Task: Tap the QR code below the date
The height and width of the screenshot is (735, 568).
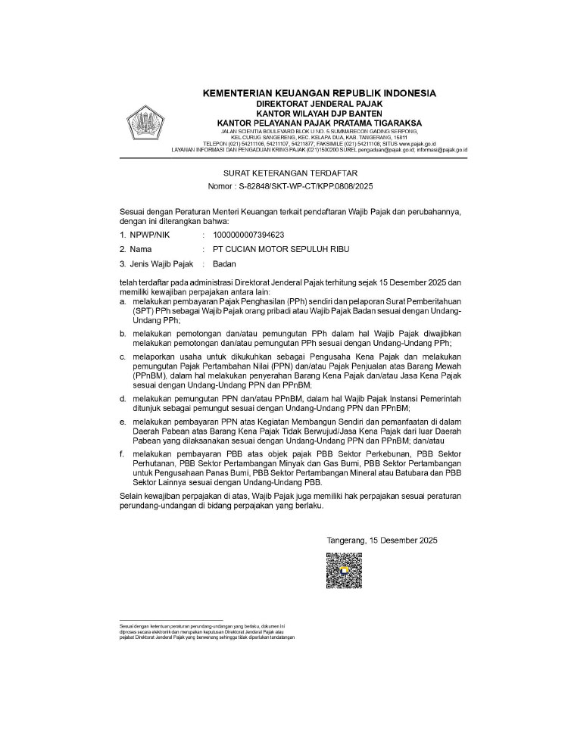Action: click(x=344, y=571)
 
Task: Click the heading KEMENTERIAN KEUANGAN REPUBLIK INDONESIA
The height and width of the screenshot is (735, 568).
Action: click(x=320, y=93)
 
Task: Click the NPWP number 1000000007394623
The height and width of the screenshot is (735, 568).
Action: click(x=249, y=235)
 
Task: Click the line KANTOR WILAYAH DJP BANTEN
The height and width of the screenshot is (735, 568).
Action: click(x=320, y=113)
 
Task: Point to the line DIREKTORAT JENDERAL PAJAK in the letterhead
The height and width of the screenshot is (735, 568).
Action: click(x=320, y=103)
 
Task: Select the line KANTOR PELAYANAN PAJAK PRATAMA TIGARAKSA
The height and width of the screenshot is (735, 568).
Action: click(x=320, y=123)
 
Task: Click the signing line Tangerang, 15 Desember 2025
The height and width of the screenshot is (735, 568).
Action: click(x=382, y=540)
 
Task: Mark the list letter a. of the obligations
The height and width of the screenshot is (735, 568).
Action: click(x=123, y=301)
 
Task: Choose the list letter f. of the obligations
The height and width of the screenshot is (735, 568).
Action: click(x=123, y=453)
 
